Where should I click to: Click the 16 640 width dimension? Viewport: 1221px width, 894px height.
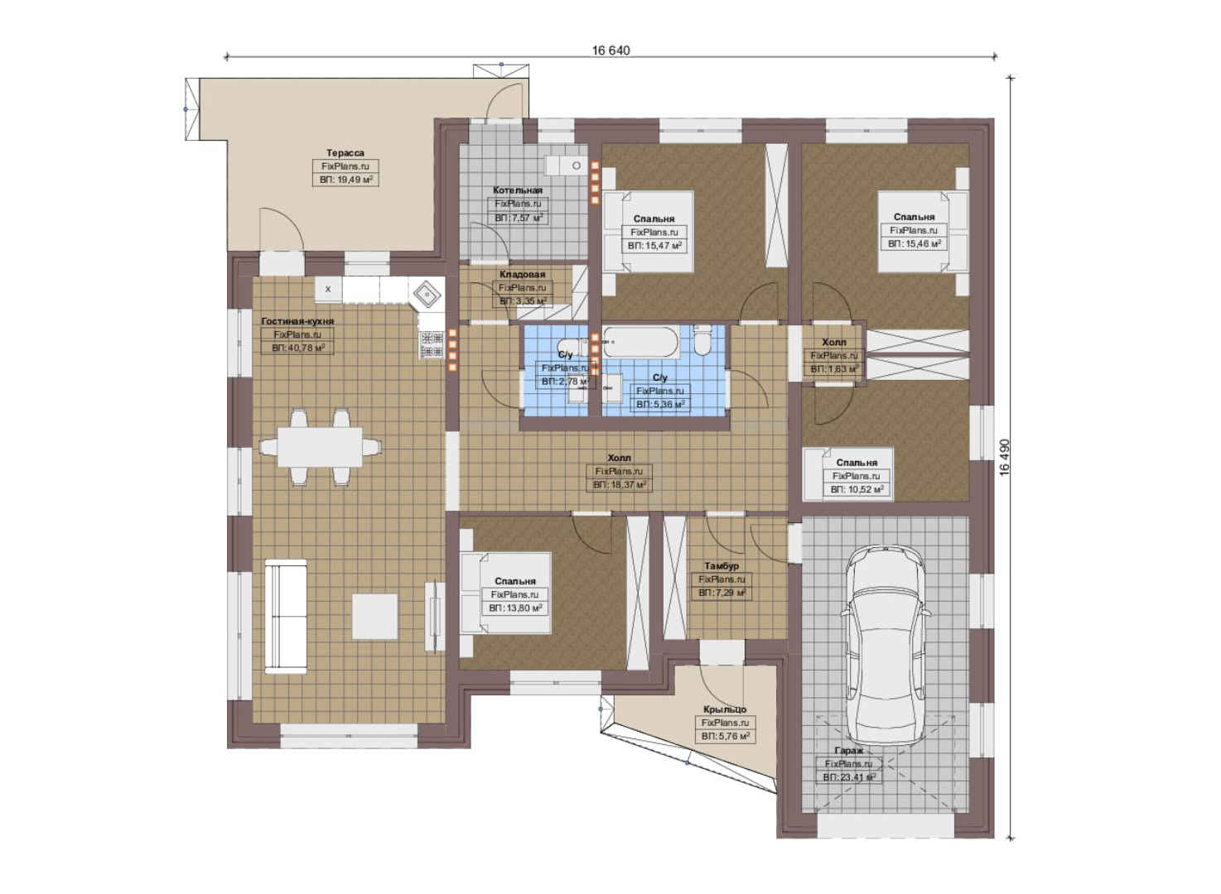tap(611, 50)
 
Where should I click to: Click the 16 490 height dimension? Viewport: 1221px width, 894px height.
tap(1005, 458)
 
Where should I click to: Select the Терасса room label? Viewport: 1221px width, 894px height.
tap(345, 153)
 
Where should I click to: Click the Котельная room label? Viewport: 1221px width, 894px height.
tap(517, 190)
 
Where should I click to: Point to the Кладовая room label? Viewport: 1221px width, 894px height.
tap(522, 275)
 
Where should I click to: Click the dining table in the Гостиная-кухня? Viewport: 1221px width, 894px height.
tap(320, 447)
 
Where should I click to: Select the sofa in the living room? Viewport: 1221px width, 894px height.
tap(286, 616)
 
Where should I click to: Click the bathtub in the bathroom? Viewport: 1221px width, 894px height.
tap(642, 342)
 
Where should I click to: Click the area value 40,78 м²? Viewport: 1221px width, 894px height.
tap(297, 348)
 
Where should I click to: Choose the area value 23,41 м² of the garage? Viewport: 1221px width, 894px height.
tap(849, 777)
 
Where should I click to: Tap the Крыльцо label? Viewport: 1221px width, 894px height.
tap(725, 709)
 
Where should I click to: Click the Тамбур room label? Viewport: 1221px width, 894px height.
tap(721, 566)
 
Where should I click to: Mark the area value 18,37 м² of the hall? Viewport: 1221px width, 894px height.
tap(620, 485)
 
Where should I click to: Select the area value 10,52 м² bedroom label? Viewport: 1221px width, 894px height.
tap(857, 490)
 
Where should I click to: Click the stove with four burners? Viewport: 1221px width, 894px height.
tap(432, 345)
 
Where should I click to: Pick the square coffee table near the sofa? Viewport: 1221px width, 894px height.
tap(374, 617)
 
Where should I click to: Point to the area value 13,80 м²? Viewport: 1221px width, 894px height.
tap(515, 608)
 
